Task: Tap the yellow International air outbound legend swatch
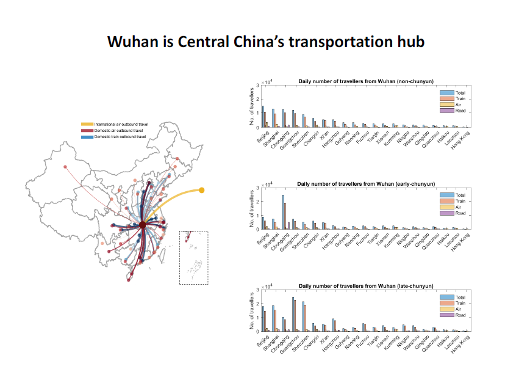(x=87, y=124)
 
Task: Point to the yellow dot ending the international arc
(x=202, y=190)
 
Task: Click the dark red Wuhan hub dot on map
(x=142, y=225)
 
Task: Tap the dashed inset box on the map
(x=193, y=257)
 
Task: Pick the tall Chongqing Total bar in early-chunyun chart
(x=283, y=211)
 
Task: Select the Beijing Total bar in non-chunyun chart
(x=263, y=117)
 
